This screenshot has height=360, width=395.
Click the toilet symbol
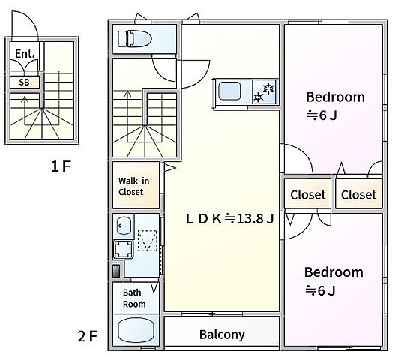pyautogui.click(x=134, y=39)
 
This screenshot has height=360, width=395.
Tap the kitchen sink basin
pyautogui.click(x=229, y=91)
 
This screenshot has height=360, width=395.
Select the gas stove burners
pyautogui.click(x=264, y=91)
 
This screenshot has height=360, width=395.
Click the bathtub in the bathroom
pyautogui.click(x=136, y=330)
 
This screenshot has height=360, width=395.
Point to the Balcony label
pyautogui.click(x=222, y=334)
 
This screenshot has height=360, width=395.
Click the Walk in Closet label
pyautogui.click(x=133, y=187)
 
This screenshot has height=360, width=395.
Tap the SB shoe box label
pyautogui.click(x=24, y=82)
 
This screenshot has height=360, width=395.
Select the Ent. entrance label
pyautogui.click(x=25, y=54)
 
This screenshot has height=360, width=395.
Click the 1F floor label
pyautogui.click(x=61, y=166)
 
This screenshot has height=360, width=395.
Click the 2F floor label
pyautogui.click(x=88, y=336)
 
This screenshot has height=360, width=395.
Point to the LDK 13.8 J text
pyautogui.click(x=230, y=219)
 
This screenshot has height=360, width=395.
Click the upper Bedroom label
pyautogui.click(x=335, y=97)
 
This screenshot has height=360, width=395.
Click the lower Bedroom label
pyautogui.click(x=334, y=272)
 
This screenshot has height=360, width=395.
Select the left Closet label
pyautogui.click(x=308, y=195)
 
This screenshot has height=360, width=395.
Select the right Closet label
pyautogui.click(x=359, y=195)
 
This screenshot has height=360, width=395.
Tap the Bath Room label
pyautogui.click(x=134, y=298)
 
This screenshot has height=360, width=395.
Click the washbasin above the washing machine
pyautogui.click(x=124, y=225)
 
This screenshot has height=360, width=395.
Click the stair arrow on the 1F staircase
pyautogui.click(x=25, y=110)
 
